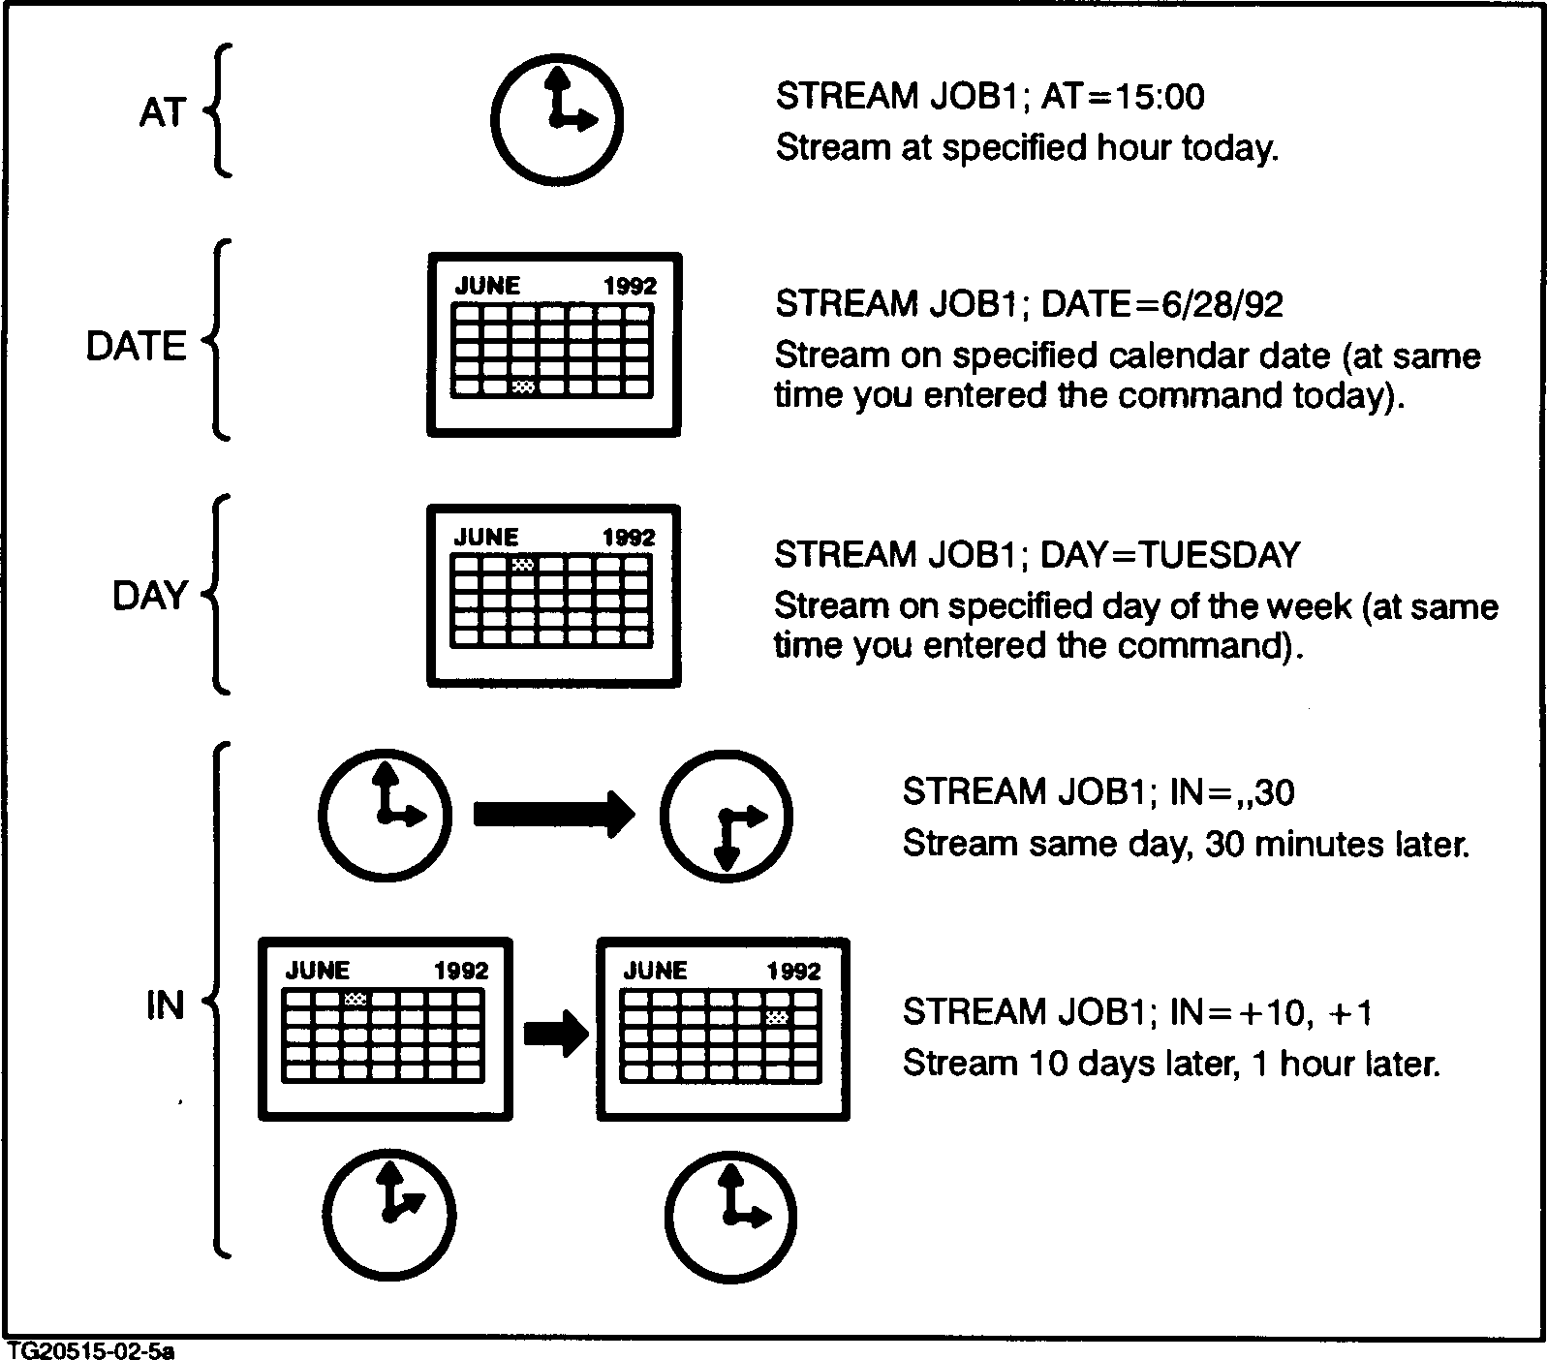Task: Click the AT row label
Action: [x=161, y=113]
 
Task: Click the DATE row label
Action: [x=136, y=346]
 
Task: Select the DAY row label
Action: [x=149, y=596]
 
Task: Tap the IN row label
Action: [x=165, y=1005]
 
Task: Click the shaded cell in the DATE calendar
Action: [x=523, y=386]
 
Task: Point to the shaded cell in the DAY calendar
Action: [x=523, y=564]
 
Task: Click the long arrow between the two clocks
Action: [x=553, y=814]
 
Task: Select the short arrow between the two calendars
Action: [x=555, y=1035]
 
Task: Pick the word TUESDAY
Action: [x=1218, y=555]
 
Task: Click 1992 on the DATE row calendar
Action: [x=630, y=286]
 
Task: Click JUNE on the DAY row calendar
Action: [x=486, y=537]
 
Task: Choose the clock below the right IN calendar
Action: [x=731, y=1215]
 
